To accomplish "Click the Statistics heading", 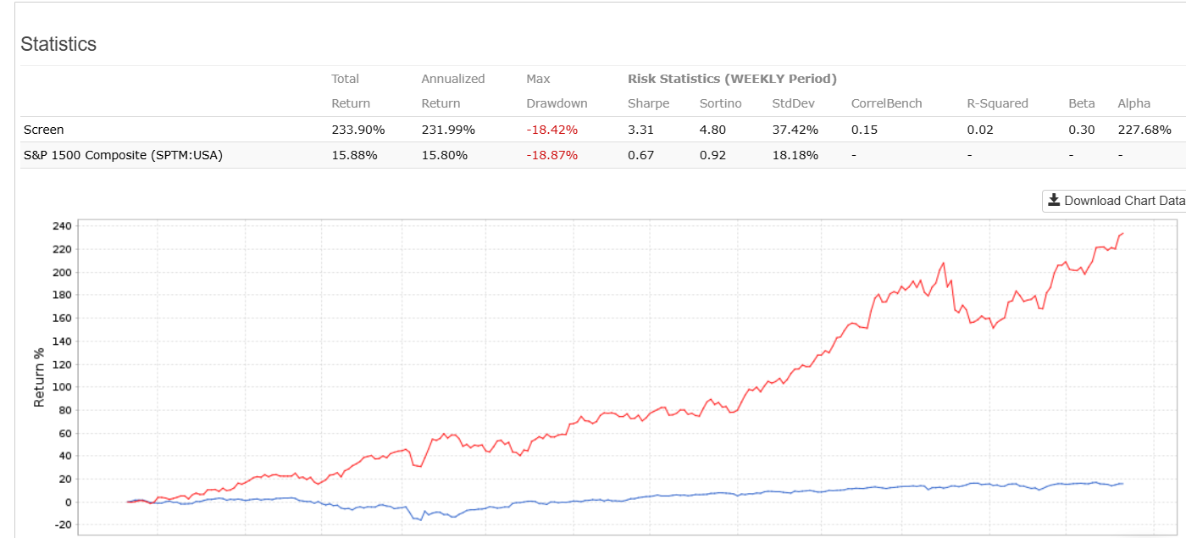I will [58, 44].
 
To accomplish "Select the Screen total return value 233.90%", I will [358, 130].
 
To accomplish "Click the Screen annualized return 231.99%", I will [448, 130].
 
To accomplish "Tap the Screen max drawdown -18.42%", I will [551, 130].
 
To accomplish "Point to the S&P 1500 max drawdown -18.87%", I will [551, 155].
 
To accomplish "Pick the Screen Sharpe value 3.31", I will [640, 130].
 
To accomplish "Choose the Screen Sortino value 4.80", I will [712, 130].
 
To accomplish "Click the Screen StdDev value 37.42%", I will [795, 130].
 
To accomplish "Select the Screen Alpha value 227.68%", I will [1144, 130].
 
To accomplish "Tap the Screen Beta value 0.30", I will [1081, 130].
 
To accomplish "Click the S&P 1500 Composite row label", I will [123, 155].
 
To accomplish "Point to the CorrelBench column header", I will [886, 103].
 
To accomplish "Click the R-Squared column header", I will [997, 103].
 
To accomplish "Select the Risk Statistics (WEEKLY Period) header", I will [732, 79].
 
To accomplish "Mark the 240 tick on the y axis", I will [62, 226].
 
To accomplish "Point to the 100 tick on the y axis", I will [62, 387].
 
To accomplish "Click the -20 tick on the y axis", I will [62, 525].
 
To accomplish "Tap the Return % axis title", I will [39, 375].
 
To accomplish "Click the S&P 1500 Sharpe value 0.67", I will [640, 155].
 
